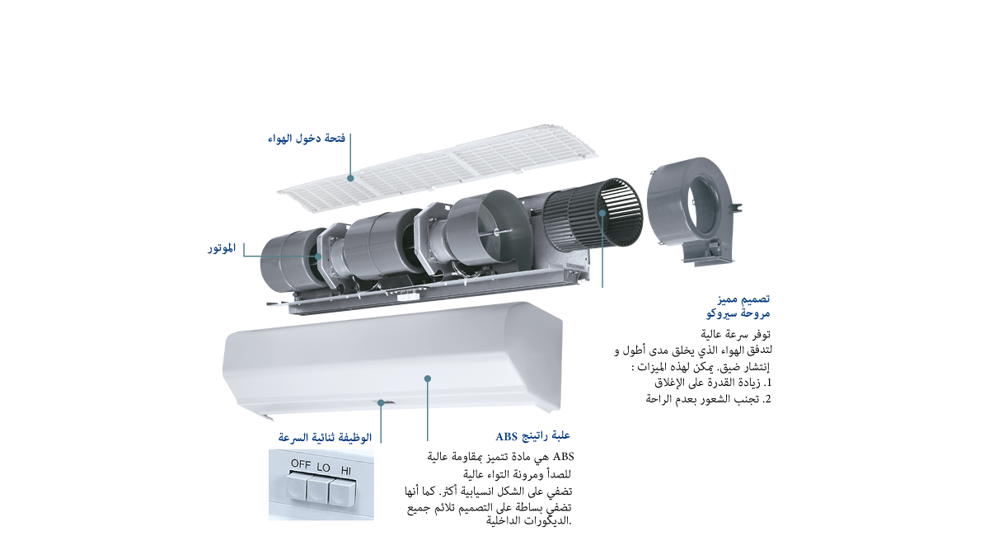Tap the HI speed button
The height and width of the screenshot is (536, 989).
click(x=340, y=494)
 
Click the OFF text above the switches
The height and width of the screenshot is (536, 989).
click(x=300, y=465)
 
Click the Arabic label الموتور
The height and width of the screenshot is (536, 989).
click(x=222, y=247)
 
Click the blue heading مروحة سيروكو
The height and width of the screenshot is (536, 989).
click(x=738, y=314)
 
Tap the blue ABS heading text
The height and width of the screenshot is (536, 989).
click(x=533, y=436)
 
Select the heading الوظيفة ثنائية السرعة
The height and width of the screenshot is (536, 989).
click(x=326, y=437)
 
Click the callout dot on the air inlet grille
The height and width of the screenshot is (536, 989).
click(x=351, y=176)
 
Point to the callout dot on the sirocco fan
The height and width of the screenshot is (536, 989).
click(x=603, y=213)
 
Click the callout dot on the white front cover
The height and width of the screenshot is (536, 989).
click(x=428, y=378)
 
